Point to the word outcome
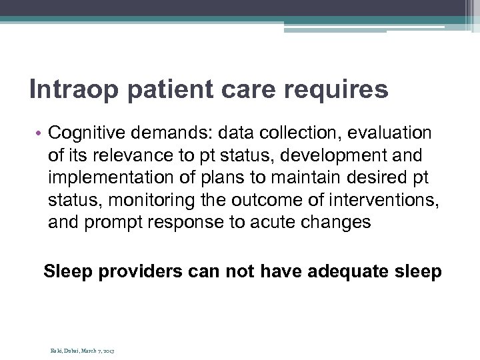click(271, 200)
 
